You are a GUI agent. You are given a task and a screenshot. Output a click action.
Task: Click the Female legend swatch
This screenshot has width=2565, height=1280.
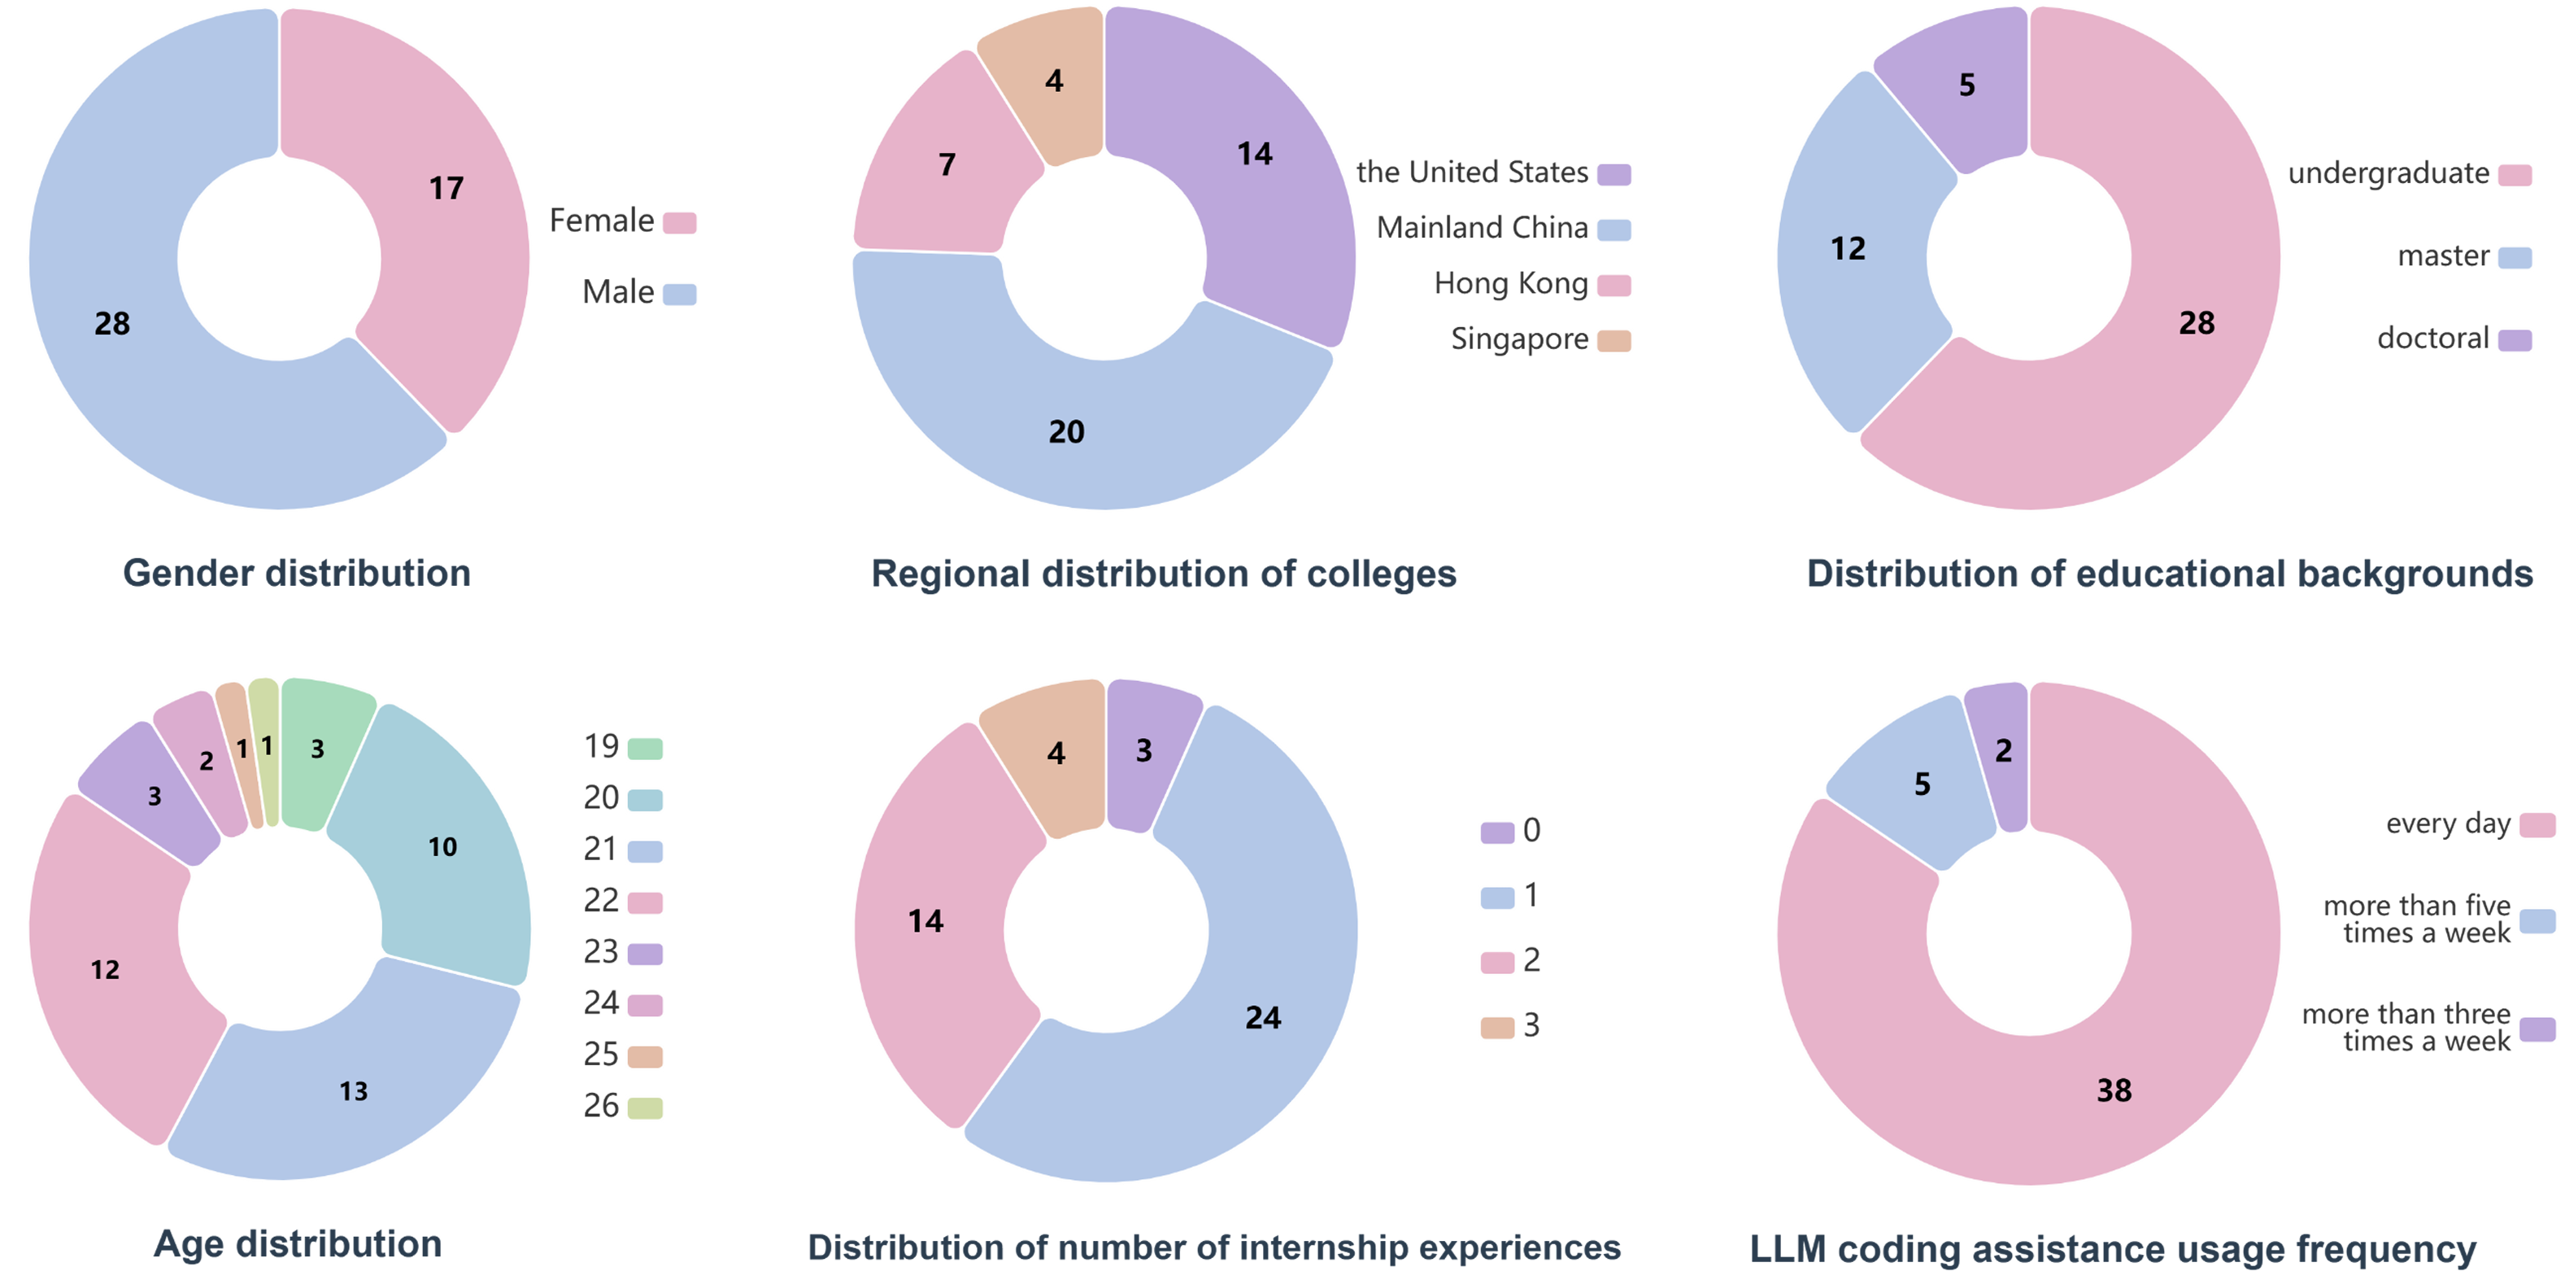tap(679, 222)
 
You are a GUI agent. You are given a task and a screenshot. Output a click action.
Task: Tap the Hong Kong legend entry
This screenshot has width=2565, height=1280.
tap(1531, 285)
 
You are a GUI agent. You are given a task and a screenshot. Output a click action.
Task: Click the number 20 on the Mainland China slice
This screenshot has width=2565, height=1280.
tap(1065, 431)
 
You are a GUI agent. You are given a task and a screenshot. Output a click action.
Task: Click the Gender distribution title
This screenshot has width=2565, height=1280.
tap(297, 574)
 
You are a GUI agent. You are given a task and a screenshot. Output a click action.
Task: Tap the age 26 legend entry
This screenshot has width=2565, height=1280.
tap(622, 1106)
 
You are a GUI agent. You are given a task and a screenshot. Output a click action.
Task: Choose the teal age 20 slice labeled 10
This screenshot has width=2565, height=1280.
tap(442, 847)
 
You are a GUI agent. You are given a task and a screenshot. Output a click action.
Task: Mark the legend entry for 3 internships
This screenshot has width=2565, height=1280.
tap(1509, 1025)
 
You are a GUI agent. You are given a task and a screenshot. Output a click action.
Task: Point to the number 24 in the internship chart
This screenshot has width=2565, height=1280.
tap(1263, 1017)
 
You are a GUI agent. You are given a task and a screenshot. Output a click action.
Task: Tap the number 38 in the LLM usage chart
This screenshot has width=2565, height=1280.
tap(2114, 1090)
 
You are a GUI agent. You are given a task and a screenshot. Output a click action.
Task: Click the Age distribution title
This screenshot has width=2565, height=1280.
tap(298, 1244)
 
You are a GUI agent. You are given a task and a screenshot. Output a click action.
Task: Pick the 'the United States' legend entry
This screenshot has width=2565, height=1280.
tap(1492, 173)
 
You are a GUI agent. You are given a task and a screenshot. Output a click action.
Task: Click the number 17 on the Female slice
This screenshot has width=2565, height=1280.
tap(446, 188)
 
